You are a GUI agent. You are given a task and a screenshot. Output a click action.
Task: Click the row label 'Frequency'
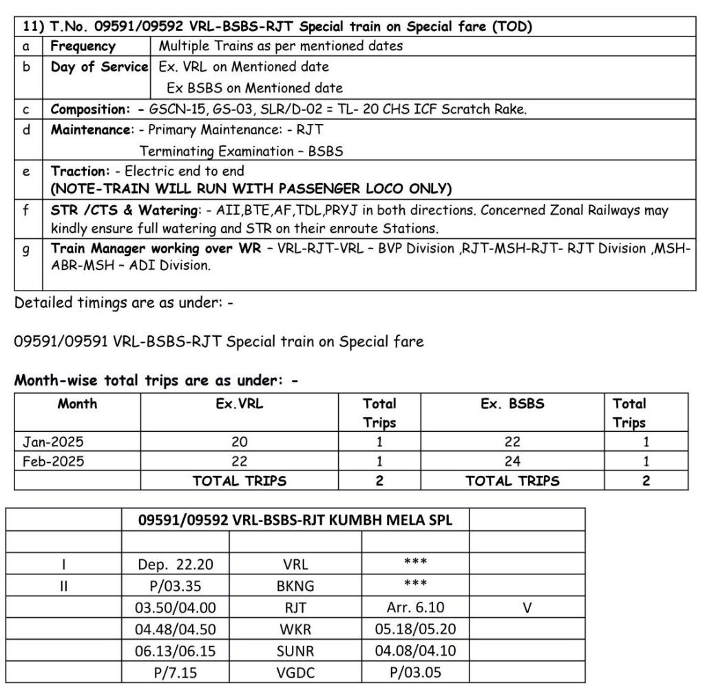pyautogui.click(x=83, y=47)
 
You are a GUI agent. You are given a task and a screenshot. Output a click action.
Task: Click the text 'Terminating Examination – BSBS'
pyautogui.click(x=241, y=151)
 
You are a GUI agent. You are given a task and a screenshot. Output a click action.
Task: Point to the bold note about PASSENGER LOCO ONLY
pyautogui.click(x=251, y=188)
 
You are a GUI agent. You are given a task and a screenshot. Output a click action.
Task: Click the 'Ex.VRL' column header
pyautogui.click(x=239, y=404)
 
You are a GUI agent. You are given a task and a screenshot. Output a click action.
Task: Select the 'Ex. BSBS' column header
pyautogui.click(x=512, y=404)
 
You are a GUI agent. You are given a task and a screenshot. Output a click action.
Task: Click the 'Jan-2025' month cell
pyautogui.click(x=53, y=442)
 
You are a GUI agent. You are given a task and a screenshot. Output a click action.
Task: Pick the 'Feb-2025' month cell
pyautogui.click(x=53, y=461)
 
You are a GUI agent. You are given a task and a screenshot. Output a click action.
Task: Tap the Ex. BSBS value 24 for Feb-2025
pyautogui.click(x=512, y=461)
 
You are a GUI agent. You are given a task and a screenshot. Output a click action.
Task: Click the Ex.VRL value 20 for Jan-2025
pyautogui.click(x=239, y=442)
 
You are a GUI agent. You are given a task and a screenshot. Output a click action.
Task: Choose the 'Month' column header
pyautogui.click(x=77, y=404)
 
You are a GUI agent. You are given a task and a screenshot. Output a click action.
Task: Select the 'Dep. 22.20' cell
pyautogui.click(x=175, y=565)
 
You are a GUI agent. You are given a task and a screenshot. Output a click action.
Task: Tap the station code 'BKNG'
pyautogui.click(x=295, y=586)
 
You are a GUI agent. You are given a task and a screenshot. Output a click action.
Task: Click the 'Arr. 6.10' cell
pyautogui.click(x=415, y=607)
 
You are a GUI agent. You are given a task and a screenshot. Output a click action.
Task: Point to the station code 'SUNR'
pyautogui.click(x=295, y=650)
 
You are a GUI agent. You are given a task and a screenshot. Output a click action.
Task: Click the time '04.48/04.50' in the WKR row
pyautogui.click(x=175, y=629)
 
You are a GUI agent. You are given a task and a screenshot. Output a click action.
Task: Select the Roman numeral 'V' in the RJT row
pyautogui.click(x=527, y=607)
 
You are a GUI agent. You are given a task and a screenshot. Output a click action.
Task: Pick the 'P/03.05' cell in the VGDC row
pyautogui.click(x=415, y=671)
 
